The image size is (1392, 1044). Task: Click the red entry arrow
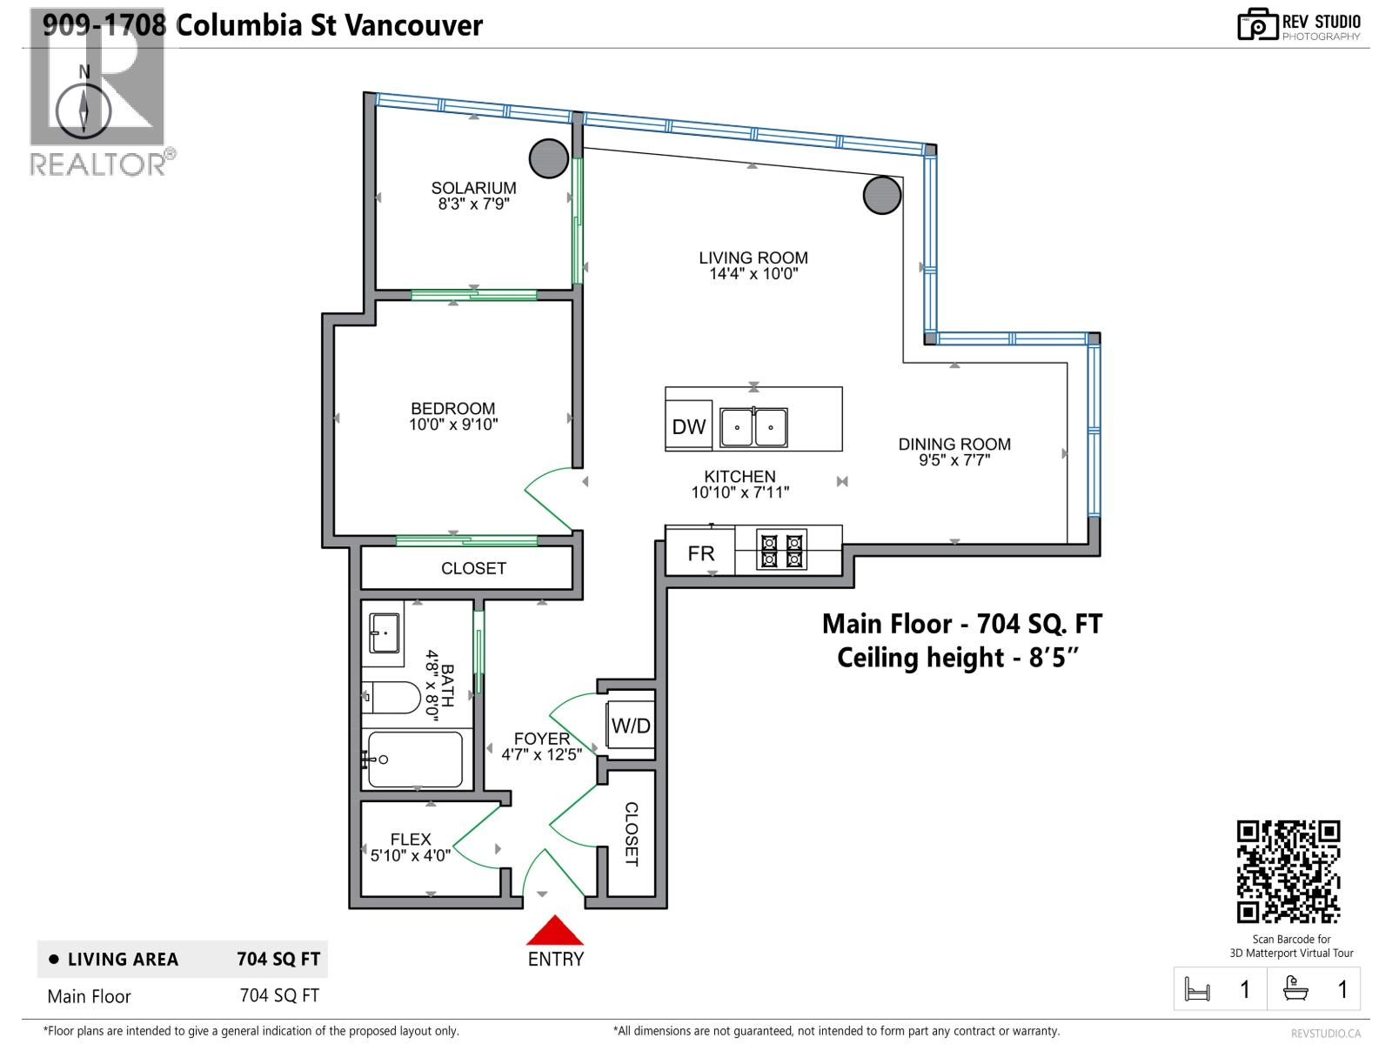pyautogui.click(x=555, y=930)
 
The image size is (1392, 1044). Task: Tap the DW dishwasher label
pyautogui.click(x=689, y=426)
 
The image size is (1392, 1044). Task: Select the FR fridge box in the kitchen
pyautogui.click(x=700, y=550)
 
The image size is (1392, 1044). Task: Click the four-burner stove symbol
pyautogui.click(x=781, y=550)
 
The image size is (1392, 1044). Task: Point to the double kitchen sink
pyautogui.click(x=754, y=427)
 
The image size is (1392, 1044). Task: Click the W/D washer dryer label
pyautogui.click(x=631, y=726)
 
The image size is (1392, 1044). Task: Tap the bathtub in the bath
pyautogui.click(x=415, y=760)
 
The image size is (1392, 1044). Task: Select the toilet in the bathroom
pyautogui.click(x=391, y=697)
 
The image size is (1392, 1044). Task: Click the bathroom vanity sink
pyautogui.click(x=385, y=632)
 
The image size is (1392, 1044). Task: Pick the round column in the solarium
pyautogui.click(x=549, y=158)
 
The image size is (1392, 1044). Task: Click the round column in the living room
pyautogui.click(x=882, y=195)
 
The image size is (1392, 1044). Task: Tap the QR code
pyautogui.click(x=1288, y=872)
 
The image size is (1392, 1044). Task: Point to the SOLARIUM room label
pyautogui.click(x=474, y=188)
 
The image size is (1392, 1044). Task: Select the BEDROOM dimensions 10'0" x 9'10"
pyautogui.click(x=453, y=425)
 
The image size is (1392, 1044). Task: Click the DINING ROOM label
pyautogui.click(x=954, y=445)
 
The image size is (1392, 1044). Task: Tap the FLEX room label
pyautogui.click(x=411, y=840)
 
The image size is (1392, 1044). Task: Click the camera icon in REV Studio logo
pyautogui.click(x=1257, y=24)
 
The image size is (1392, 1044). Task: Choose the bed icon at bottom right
pyautogui.click(x=1197, y=989)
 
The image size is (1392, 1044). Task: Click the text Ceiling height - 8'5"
pyautogui.click(x=958, y=658)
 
